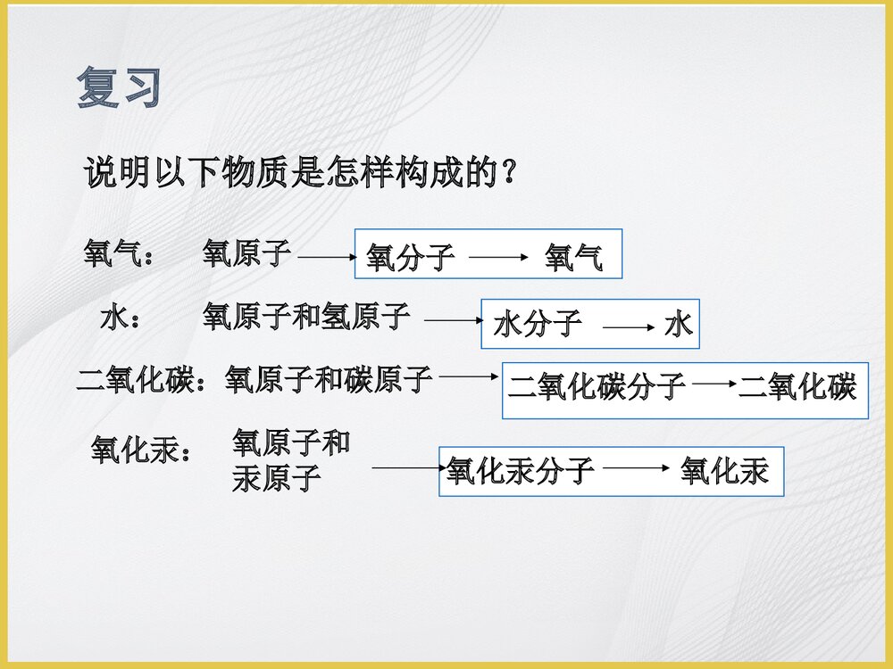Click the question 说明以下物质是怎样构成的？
tap(300, 172)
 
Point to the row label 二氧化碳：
tap(149, 381)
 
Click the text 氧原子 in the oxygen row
tap(246, 253)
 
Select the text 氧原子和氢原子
tap(306, 317)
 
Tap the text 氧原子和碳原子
tap(329, 380)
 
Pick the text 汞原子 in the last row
tap(276, 479)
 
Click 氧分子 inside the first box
tap(410, 258)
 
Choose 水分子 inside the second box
tap(538, 324)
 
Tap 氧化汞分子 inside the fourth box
tap(521, 471)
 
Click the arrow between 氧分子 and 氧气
tap(499, 259)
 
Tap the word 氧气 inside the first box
tap(573, 259)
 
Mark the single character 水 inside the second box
tap(679, 325)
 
